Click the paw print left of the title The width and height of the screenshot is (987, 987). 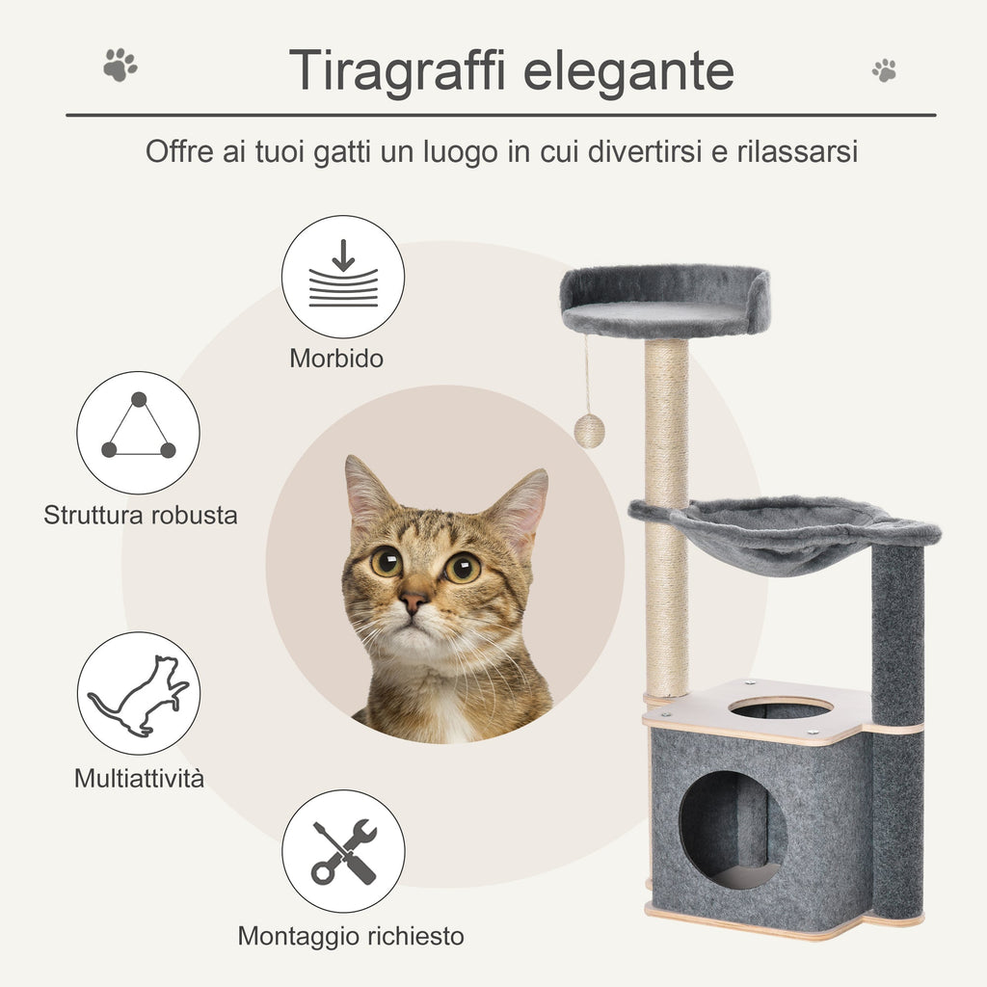120,66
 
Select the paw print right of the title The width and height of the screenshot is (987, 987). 884,69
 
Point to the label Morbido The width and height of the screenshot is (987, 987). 336,359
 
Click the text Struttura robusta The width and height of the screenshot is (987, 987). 141,515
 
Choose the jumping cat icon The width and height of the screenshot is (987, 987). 139,693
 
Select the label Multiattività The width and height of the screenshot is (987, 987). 140,778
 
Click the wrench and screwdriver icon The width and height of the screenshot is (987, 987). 343,851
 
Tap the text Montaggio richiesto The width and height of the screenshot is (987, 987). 351,936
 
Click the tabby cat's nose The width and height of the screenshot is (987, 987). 413,602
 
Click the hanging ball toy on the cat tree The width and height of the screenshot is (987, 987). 589,430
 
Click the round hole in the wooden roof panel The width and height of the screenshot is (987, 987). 781,708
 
